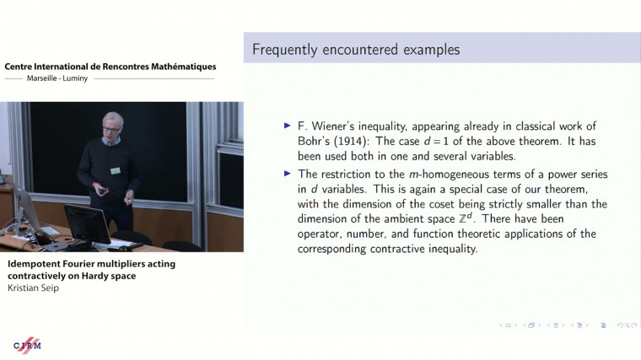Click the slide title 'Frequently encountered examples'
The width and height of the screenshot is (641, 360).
click(356, 50)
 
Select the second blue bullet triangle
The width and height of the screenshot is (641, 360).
click(288, 174)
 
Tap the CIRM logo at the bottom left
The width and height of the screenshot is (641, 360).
click(27, 345)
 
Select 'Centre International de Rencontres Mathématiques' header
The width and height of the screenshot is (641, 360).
click(110, 67)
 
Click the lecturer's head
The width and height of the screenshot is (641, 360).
click(113, 122)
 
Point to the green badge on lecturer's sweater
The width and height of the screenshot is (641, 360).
click(116, 170)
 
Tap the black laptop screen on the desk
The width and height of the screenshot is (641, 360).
click(86, 223)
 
